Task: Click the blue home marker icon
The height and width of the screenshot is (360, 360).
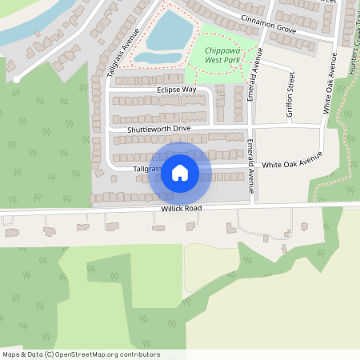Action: (180, 172)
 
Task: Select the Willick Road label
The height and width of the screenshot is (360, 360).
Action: (179, 208)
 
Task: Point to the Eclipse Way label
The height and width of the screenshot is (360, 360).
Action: (177, 90)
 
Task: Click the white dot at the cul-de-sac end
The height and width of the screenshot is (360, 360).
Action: (16, 78)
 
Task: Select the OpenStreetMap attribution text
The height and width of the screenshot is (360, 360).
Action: (81, 354)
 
